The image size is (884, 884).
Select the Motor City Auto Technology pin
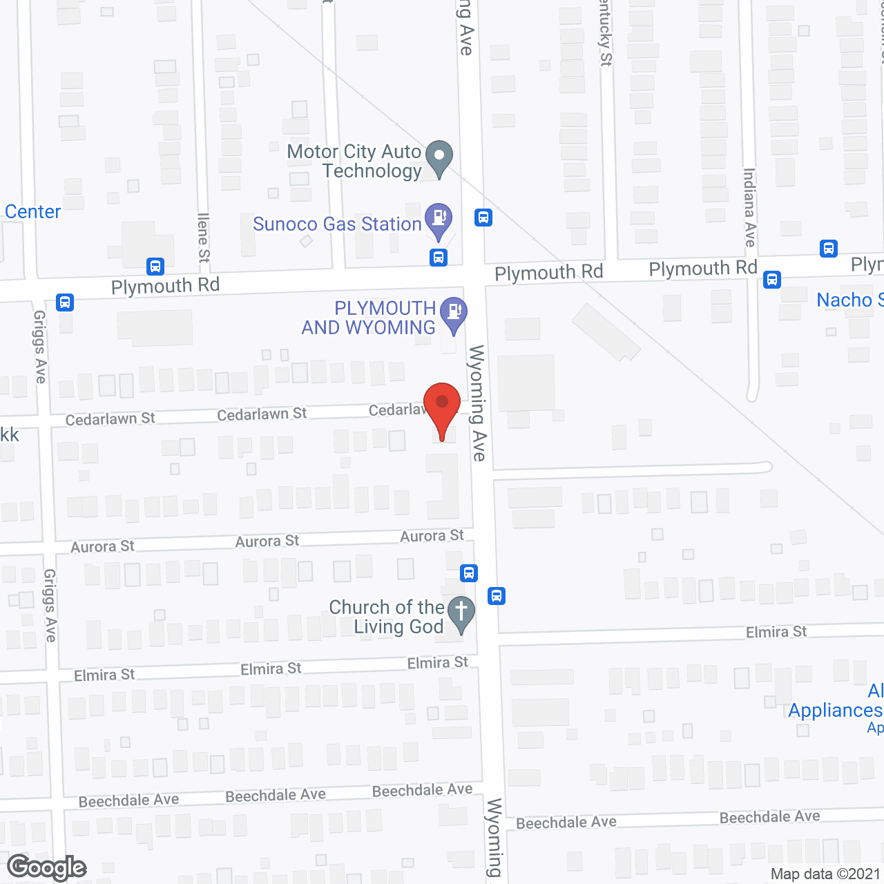(x=439, y=157)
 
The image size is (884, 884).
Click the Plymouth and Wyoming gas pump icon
(x=454, y=313)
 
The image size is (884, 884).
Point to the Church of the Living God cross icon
(x=461, y=613)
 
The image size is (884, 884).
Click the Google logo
(x=47, y=867)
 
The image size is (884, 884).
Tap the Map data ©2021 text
(x=825, y=874)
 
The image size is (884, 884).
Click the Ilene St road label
(x=203, y=237)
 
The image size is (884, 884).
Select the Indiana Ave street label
(x=749, y=207)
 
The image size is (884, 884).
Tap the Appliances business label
(x=835, y=710)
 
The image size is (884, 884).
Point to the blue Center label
(x=33, y=211)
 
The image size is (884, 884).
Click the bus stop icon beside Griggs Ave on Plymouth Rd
(x=65, y=302)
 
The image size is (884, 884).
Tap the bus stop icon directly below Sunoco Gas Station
(x=438, y=258)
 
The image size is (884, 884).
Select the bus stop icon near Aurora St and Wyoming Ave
(x=469, y=573)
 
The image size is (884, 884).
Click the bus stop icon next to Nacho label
(x=772, y=279)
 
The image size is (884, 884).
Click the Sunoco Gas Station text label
(x=337, y=224)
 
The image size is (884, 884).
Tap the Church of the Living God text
(x=387, y=617)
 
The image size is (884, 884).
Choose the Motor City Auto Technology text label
(x=354, y=161)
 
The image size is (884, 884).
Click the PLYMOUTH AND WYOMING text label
(x=369, y=318)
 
